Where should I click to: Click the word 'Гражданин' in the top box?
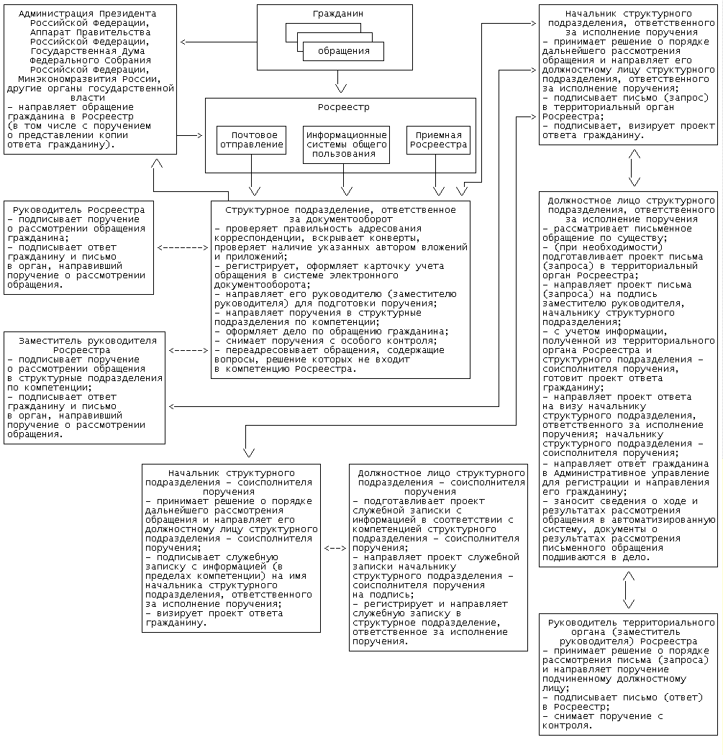(337, 14)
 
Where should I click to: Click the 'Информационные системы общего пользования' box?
(347, 144)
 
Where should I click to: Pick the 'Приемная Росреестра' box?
(438, 139)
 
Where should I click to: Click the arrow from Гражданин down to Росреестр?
(342, 83)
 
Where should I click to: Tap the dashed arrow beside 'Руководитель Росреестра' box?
(181, 248)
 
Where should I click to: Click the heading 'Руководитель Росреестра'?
(79, 209)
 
